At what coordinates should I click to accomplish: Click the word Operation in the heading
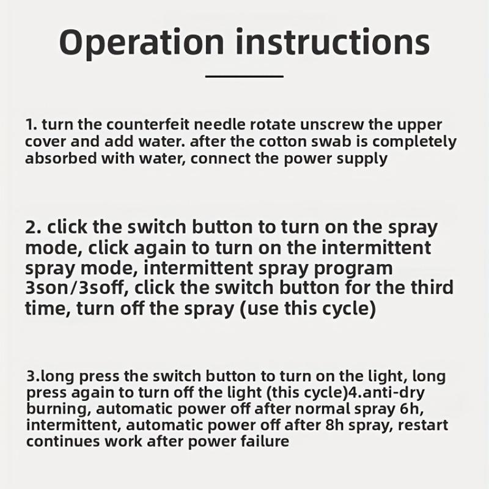click(141, 43)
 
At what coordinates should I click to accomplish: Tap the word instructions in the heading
click(333, 42)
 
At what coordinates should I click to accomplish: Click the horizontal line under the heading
click(244, 76)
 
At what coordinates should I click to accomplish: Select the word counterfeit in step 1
click(148, 125)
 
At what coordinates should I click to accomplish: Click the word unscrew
click(332, 125)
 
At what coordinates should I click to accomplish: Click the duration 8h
click(334, 425)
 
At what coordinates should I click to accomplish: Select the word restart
click(423, 425)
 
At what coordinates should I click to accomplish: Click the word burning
click(59, 410)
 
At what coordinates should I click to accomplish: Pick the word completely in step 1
click(414, 142)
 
